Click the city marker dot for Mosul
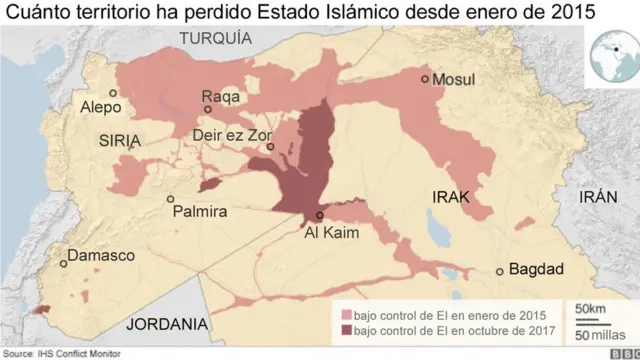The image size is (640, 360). (425, 79)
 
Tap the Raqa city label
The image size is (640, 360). (221, 96)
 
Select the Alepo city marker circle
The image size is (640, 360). (113, 93)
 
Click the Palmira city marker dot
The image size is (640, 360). (170, 199)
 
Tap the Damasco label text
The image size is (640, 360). (101, 256)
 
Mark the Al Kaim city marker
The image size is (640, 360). (320, 215)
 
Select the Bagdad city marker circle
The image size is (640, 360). (499, 271)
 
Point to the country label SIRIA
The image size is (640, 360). (123, 142)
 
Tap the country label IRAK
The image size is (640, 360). (451, 198)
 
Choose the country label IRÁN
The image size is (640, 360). (600, 198)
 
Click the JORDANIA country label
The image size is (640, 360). (167, 324)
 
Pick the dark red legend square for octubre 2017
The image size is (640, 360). (347, 330)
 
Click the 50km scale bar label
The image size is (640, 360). (589, 308)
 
